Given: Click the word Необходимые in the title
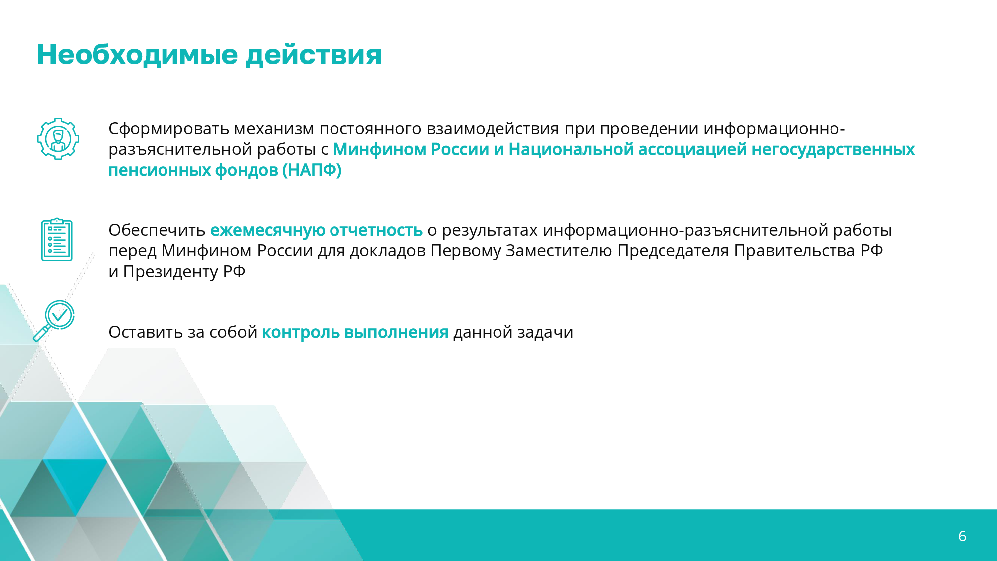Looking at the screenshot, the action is tap(138, 54).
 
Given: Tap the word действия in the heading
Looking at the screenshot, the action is tap(314, 55).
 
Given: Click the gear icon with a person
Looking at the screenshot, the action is tap(58, 139).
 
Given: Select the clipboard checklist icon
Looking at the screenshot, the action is tap(57, 239).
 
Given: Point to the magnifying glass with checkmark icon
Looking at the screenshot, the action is tap(54, 321).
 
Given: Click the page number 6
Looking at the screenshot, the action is tap(962, 536).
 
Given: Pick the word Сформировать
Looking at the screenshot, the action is tap(169, 129).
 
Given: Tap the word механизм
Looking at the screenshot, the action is tap(274, 129).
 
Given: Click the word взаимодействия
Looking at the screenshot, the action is tap(493, 129).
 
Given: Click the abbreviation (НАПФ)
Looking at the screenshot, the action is tap(312, 170).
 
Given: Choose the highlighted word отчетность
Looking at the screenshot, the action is tap(376, 230).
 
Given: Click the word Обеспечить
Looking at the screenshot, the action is tap(157, 230).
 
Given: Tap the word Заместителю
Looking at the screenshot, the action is tap(559, 251).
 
